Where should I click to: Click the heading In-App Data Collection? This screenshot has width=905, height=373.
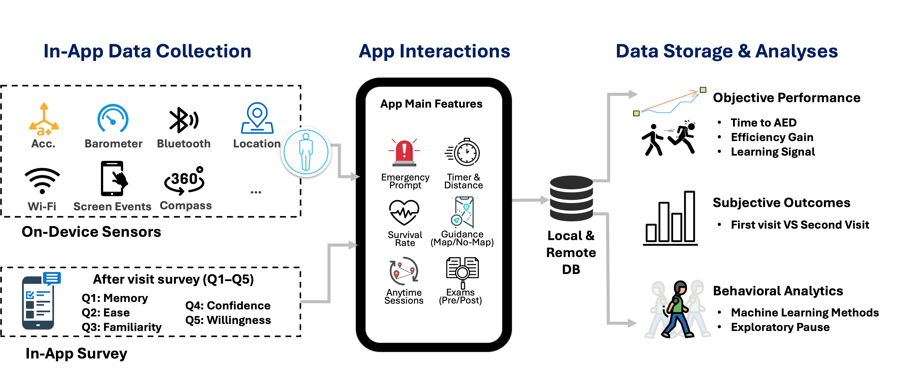(x=147, y=51)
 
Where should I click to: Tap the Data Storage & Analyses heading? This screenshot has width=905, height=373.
(x=726, y=51)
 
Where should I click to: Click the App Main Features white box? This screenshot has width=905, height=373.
(x=432, y=103)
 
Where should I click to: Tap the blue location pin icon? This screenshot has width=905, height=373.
(x=257, y=118)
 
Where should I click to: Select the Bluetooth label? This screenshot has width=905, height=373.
(x=184, y=143)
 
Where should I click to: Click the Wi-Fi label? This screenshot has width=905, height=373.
(x=42, y=206)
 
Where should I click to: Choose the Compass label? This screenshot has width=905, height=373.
(x=186, y=206)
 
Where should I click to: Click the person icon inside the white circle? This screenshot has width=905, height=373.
(x=306, y=152)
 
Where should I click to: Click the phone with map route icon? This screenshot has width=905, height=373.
(x=463, y=212)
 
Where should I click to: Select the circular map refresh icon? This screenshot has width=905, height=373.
(x=404, y=271)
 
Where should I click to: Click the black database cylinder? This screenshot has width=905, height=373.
(x=571, y=198)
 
